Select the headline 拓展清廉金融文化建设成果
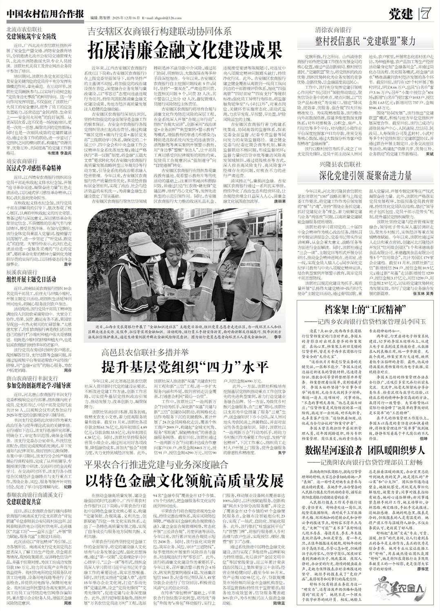186,49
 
